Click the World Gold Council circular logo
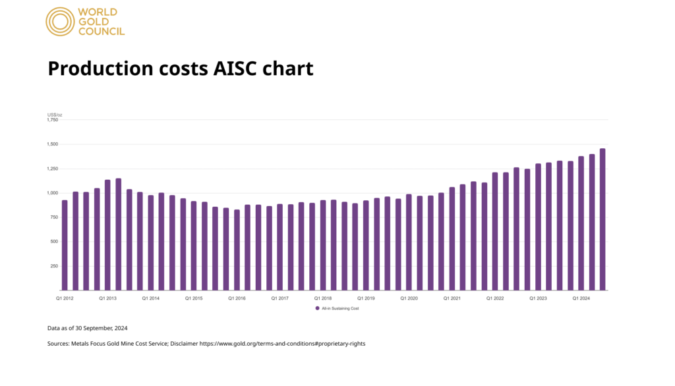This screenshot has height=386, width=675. coord(59,21)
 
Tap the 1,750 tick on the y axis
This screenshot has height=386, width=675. coord(53,120)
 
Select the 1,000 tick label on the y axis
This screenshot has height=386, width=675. coord(53,193)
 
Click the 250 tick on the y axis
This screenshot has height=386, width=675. coord(54,266)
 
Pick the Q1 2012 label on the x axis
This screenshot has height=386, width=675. coord(64,298)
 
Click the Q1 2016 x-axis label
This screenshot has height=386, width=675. coord(237,298)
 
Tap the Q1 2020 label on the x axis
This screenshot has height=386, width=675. coord(409,298)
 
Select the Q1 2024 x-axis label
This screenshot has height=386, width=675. coord(581,298)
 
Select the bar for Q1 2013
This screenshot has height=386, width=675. coord(107,234)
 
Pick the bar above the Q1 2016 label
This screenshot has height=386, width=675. coord(237,250)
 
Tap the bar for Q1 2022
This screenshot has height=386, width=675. coord(494,231)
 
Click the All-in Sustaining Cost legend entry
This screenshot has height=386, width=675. coord(337,308)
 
